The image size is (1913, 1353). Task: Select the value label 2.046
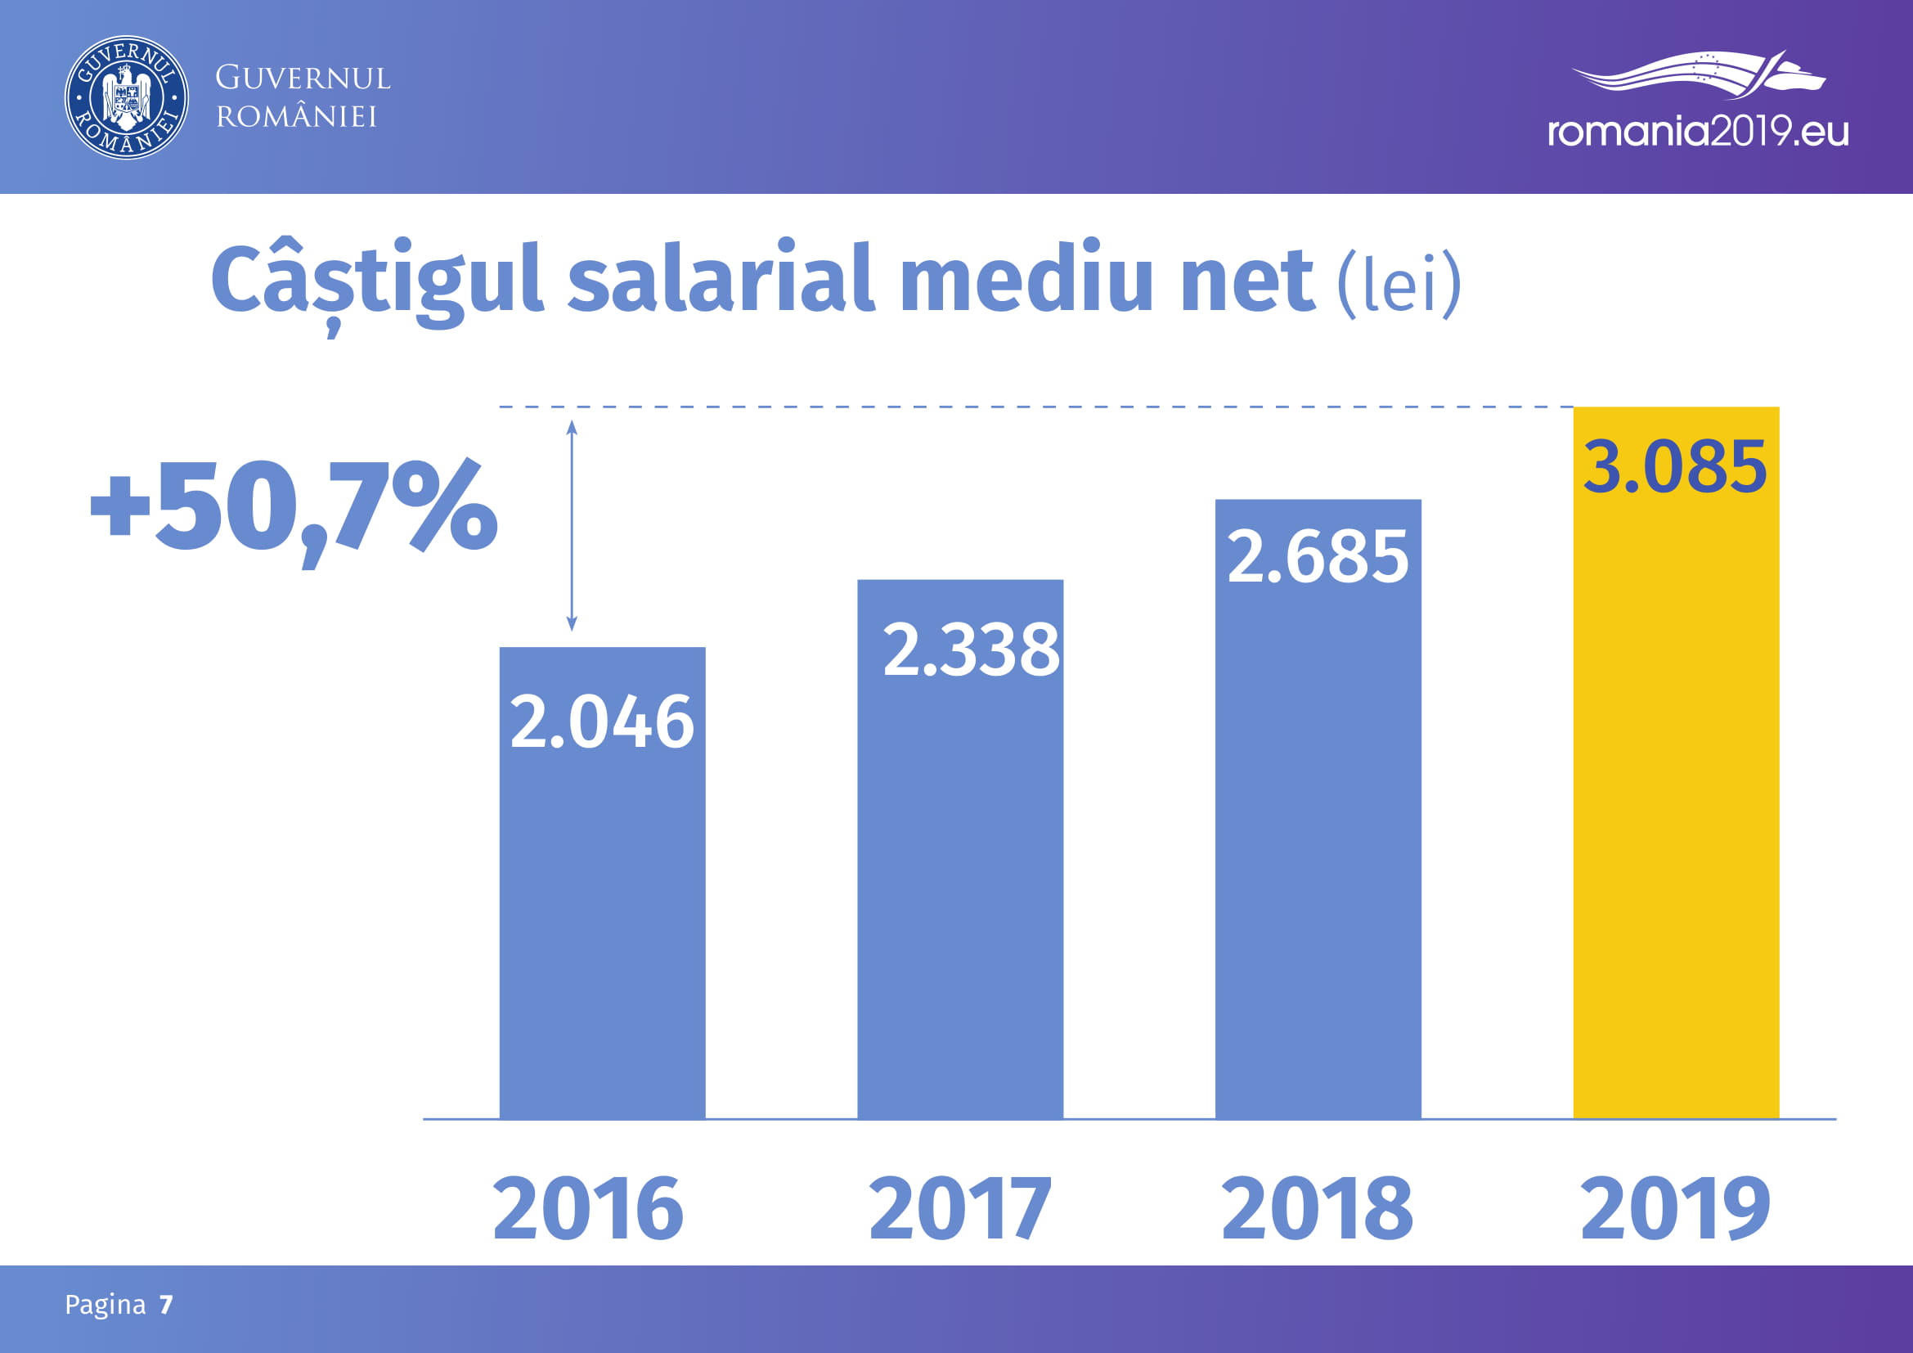(602, 722)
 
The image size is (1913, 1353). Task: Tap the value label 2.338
(971, 650)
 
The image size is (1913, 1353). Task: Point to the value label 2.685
(1318, 556)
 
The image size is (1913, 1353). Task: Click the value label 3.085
(1675, 466)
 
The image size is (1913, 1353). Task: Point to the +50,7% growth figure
(294, 508)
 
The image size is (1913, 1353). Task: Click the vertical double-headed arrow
(572, 526)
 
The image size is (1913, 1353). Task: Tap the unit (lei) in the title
(1399, 283)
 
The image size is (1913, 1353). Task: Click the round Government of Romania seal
(127, 97)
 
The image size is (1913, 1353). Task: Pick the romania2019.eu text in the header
(1698, 132)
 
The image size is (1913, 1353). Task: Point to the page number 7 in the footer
(167, 1305)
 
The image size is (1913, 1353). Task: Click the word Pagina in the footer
(105, 1305)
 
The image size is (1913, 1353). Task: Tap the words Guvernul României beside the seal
(303, 97)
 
